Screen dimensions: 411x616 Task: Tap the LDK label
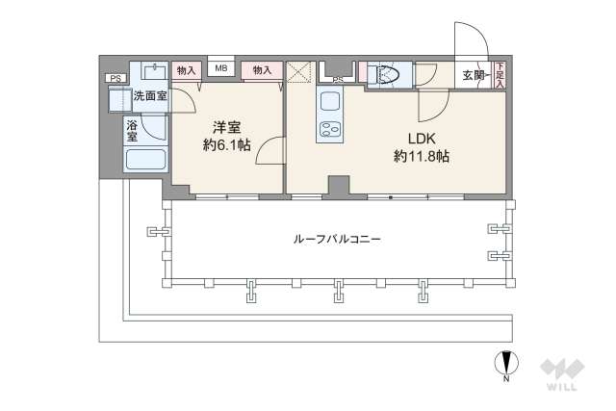coord(421,136)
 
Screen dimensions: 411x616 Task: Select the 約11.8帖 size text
coord(421,156)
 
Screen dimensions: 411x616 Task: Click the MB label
coord(220,69)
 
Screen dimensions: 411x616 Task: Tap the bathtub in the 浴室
coord(146,162)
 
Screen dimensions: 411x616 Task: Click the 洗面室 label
coord(149,95)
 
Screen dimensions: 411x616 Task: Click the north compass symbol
coord(505,365)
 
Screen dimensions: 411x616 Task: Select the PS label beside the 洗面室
coord(115,79)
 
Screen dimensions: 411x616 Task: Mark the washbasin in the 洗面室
coord(154,71)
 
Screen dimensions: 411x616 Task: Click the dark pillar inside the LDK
coord(338,186)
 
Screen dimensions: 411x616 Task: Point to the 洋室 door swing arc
coord(272,150)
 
